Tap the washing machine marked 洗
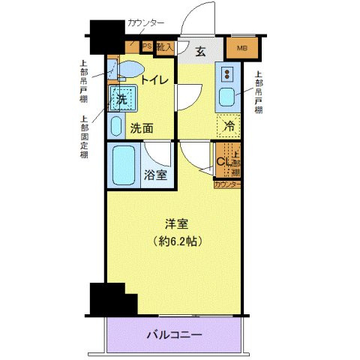[x=120, y=99]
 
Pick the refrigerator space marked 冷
[x=229, y=126]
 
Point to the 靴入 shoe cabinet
[x=165, y=47]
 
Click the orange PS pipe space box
[x=147, y=46]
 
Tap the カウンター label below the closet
[x=227, y=184]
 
